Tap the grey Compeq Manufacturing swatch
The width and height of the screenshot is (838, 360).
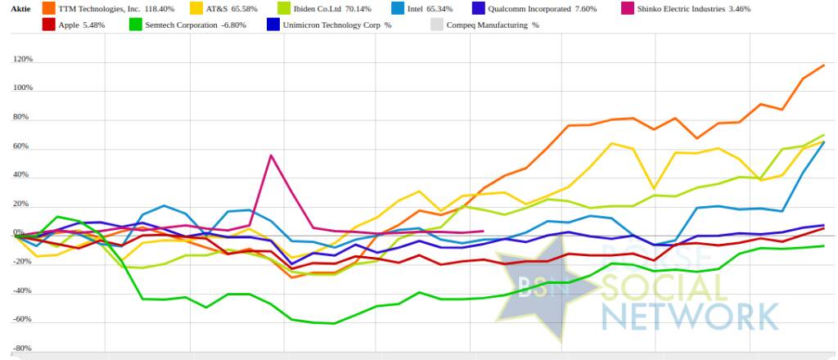[x=437, y=25]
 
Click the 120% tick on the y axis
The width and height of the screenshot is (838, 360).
[x=22, y=60]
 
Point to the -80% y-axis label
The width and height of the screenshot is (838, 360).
[x=22, y=349]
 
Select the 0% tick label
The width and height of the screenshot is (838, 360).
[x=26, y=235]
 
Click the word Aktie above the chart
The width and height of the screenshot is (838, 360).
[x=20, y=8]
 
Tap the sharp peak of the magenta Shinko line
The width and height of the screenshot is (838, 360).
[x=271, y=155]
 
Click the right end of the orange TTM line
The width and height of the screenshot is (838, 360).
[x=823, y=65]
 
